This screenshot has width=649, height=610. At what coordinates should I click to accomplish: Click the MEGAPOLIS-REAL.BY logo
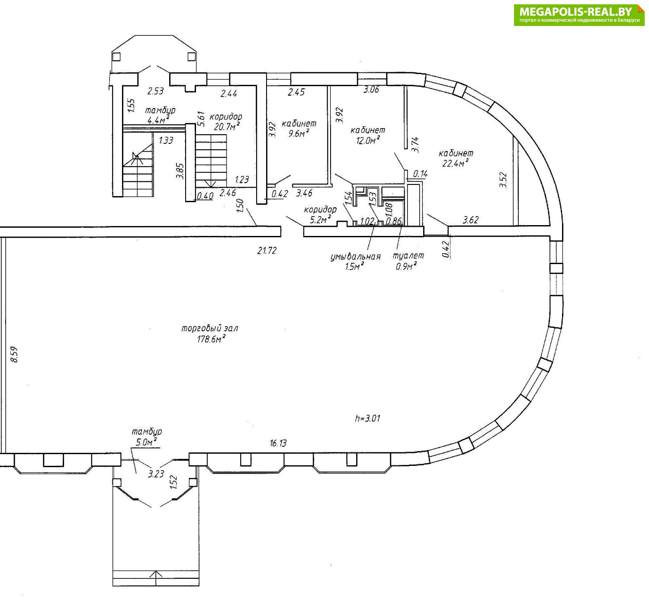point(579,15)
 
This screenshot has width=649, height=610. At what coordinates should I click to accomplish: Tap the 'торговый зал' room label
point(210,328)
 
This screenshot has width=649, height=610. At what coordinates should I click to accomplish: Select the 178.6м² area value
point(211,339)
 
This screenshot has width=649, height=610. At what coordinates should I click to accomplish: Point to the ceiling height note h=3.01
point(368,418)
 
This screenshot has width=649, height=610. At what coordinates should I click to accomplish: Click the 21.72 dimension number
point(267,251)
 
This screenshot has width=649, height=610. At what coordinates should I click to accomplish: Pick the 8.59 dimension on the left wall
point(14,355)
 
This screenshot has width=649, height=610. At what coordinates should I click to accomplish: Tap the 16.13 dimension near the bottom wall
point(278,443)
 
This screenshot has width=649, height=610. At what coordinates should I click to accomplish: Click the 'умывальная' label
point(356,257)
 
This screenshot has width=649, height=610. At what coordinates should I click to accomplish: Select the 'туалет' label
point(408,255)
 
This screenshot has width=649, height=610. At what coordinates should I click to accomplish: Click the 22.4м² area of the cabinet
point(456,163)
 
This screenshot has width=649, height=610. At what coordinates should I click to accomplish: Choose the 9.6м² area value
point(299,133)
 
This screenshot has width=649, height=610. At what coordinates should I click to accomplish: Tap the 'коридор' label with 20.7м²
point(226,116)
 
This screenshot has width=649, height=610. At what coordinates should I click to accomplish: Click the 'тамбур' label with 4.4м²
point(160,110)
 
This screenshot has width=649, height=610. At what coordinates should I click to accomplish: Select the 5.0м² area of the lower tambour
point(146,442)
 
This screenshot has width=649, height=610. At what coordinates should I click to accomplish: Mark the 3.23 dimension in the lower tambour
point(156,474)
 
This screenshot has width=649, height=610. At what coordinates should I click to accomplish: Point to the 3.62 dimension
point(471,220)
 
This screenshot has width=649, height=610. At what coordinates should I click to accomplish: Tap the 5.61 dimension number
point(201,119)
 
